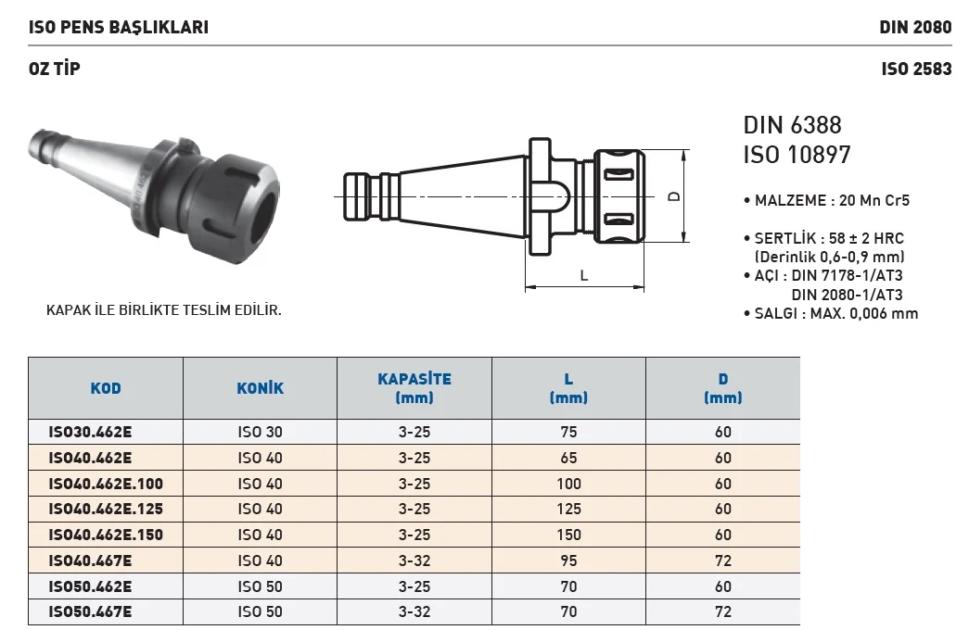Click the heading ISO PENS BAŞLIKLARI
click(119, 27)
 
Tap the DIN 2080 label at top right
click(915, 27)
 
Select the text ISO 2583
click(916, 69)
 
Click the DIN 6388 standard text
click(792, 125)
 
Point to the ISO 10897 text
click(797, 155)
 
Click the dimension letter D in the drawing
click(674, 196)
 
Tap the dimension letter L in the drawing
click(584, 275)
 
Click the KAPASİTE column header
click(414, 388)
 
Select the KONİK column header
click(261, 388)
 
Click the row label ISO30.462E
click(90, 432)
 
